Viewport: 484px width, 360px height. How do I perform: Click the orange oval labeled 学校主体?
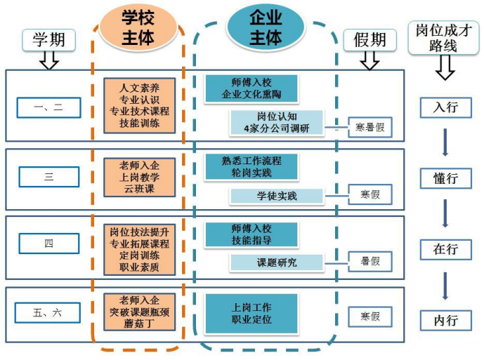(x=138, y=27)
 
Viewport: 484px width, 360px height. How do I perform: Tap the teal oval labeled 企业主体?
(x=266, y=27)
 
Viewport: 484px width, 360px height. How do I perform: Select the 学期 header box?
(x=48, y=40)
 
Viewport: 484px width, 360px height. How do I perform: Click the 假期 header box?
(x=369, y=40)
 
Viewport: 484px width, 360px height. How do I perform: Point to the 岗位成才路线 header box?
(x=443, y=39)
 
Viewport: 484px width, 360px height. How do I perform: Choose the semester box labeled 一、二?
(x=48, y=107)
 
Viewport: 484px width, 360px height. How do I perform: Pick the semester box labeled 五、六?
(x=48, y=313)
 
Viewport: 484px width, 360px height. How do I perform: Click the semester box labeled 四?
(x=48, y=244)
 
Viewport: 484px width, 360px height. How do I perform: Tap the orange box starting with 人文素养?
(x=140, y=105)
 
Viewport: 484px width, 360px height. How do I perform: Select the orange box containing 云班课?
(x=140, y=177)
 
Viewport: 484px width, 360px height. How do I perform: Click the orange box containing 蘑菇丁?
(x=140, y=312)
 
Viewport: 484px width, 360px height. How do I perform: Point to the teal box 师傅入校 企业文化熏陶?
(x=251, y=88)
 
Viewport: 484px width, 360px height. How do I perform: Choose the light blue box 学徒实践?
(x=277, y=196)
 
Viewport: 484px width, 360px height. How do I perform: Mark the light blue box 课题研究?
(x=277, y=262)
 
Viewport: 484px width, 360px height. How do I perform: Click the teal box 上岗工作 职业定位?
(x=251, y=314)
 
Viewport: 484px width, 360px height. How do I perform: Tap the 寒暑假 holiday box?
(x=370, y=127)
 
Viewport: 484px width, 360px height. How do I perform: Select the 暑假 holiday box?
(x=370, y=262)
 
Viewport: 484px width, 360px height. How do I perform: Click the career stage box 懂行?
(x=446, y=178)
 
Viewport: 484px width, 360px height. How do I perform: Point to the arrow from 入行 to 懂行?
(x=445, y=142)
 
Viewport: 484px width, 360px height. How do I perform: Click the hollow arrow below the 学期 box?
(x=48, y=60)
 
